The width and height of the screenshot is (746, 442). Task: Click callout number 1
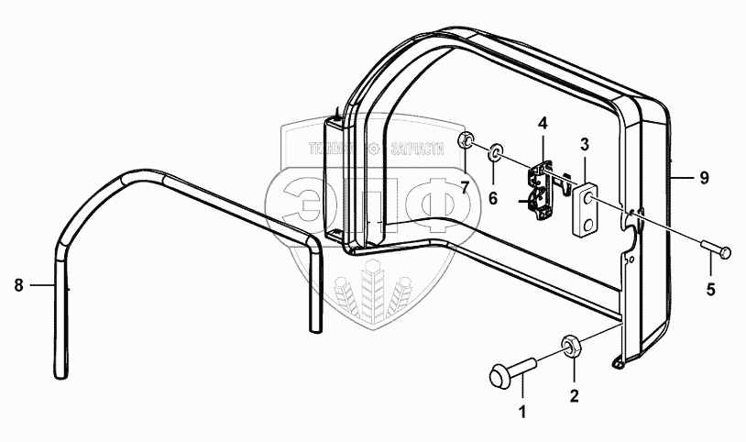[x=523, y=411]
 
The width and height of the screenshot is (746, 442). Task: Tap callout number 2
[x=575, y=396]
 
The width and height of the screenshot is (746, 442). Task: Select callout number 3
[x=584, y=144]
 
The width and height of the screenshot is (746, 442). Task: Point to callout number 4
[x=542, y=123]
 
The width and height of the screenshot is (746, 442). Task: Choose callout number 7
[x=465, y=188]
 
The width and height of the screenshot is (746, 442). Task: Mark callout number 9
[x=704, y=178]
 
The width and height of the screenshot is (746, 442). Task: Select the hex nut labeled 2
[x=568, y=346]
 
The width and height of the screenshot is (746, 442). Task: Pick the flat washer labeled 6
[x=495, y=150]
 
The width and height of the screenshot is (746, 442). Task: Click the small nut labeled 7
[x=466, y=141]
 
